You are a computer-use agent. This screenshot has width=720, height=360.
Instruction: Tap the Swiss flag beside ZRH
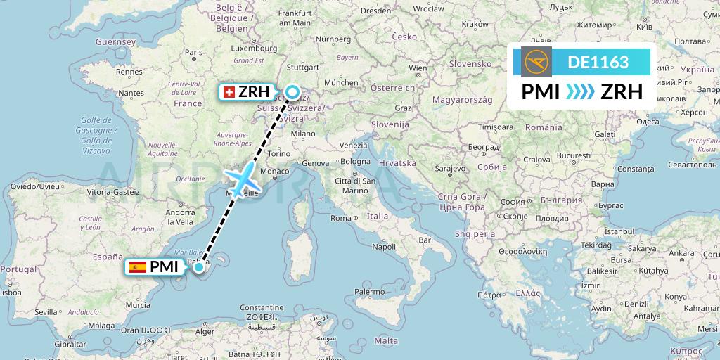(x=228, y=92)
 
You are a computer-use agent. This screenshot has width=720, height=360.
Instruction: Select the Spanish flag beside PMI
(x=138, y=266)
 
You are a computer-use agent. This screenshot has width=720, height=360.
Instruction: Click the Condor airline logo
(x=536, y=62)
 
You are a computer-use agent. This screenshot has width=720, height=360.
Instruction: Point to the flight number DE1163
(x=598, y=62)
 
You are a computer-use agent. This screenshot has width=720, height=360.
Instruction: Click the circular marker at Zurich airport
(x=292, y=92)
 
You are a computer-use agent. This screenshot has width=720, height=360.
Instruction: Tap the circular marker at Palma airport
(x=199, y=266)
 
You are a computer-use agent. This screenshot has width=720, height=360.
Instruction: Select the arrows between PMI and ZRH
(x=580, y=92)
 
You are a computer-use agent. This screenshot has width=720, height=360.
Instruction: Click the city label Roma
(x=342, y=218)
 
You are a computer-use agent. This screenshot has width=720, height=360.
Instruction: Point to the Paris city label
(x=194, y=51)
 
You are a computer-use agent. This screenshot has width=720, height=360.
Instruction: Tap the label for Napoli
(x=384, y=247)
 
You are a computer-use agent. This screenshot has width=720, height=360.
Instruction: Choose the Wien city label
(x=418, y=68)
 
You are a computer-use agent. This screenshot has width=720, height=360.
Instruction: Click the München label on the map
(x=342, y=82)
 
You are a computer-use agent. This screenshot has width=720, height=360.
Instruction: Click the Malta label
(x=386, y=340)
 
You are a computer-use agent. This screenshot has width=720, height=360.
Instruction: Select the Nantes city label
(x=131, y=93)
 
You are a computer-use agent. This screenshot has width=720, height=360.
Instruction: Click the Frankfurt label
(x=295, y=13)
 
